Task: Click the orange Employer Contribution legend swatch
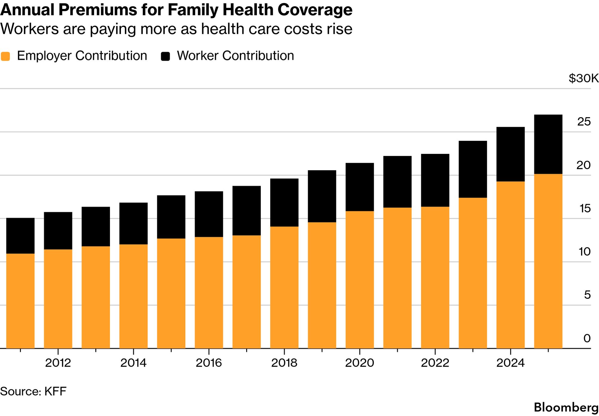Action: point(5,56)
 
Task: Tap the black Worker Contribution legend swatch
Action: point(165,56)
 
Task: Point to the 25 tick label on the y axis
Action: point(584,122)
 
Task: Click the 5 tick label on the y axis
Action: point(587,295)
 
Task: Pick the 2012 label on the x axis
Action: point(58,363)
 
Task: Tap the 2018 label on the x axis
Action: point(284,363)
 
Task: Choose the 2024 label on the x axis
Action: point(510,363)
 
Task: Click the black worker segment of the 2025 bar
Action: point(548,144)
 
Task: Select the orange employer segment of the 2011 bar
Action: point(20,301)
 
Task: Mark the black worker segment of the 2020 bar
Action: point(360,187)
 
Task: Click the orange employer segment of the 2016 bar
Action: point(209,293)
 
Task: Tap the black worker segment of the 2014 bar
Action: point(133,223)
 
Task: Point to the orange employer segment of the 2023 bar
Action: point(473,273)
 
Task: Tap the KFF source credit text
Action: point(55,391)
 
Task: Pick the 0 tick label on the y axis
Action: point(587,338)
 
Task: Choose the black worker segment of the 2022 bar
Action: point(435,180)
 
